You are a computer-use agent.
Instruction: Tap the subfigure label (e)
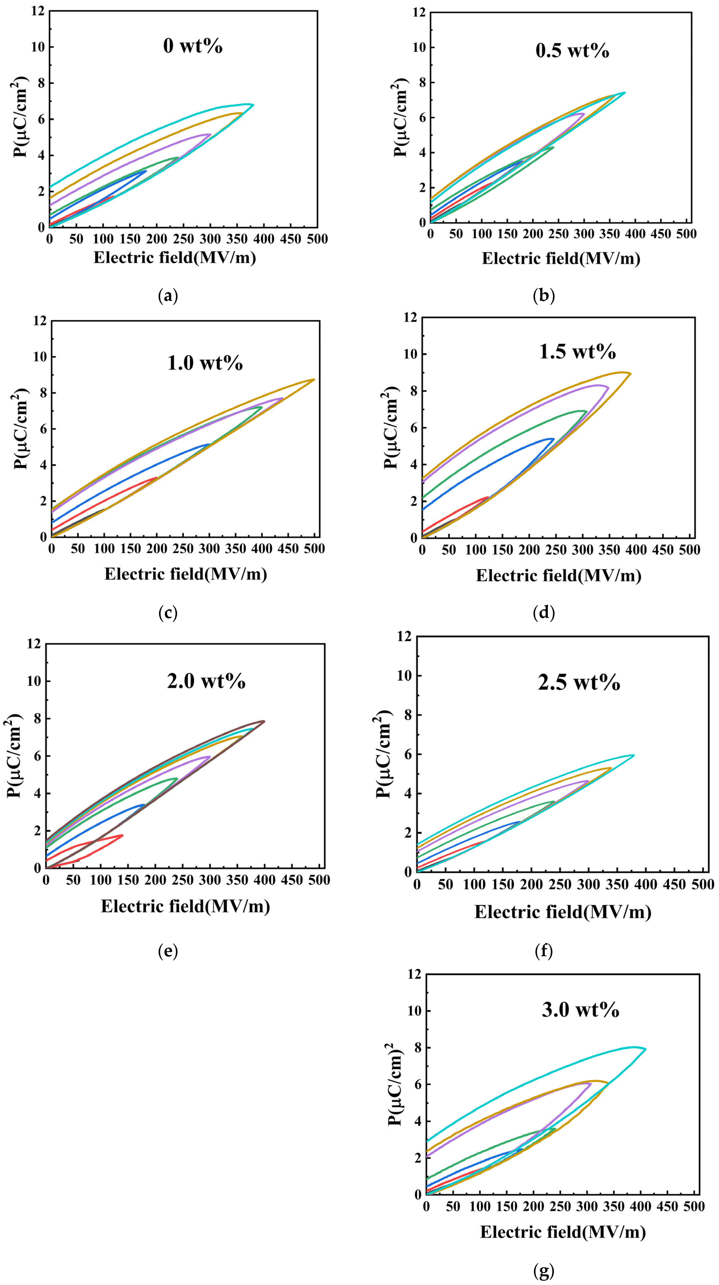click(168, 952)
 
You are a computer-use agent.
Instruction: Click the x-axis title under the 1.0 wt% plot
click(186, 574)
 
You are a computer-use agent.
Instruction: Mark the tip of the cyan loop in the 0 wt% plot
click(253, 105)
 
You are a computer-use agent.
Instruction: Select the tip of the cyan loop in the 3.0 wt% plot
click(645, 1049)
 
